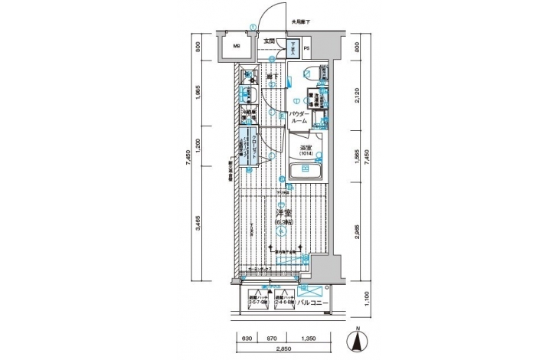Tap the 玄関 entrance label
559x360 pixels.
pos(269,41)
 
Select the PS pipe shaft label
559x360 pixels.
pos(307,51)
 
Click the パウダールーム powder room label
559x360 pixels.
pos(299,118)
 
